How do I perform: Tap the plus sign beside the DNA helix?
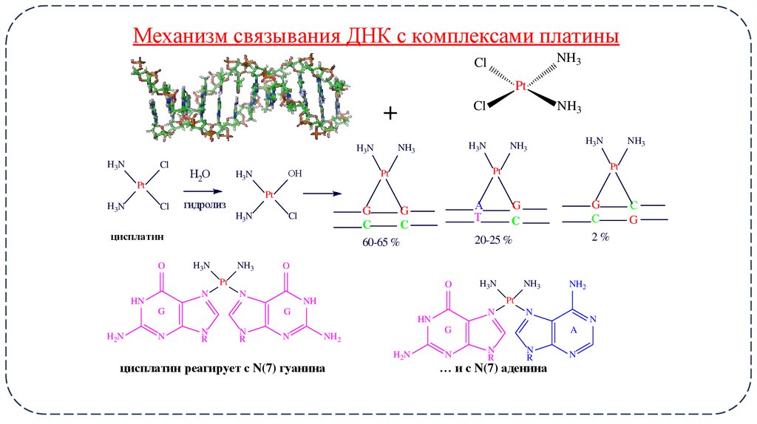pos(390,112)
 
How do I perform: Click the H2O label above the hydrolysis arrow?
pos(200,175)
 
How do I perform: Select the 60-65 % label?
pos(381,242)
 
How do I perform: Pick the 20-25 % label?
pos(493,241)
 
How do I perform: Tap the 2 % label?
pos(600,236)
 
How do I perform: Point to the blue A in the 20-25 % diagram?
pos(478,205)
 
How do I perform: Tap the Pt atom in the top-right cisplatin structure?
pos(520,86)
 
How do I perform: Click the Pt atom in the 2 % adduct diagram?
pos(614,167)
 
